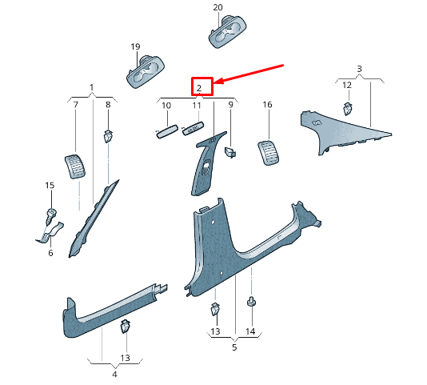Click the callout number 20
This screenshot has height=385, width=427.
(217, 7)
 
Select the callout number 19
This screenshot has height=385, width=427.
(135, 47)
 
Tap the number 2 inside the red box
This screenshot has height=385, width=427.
(199, 88)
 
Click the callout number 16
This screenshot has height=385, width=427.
(267, 104)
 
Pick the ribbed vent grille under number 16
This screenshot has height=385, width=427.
(268, 153)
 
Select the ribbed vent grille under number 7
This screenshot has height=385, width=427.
(75, 166)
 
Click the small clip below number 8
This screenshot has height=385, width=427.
(108, 136)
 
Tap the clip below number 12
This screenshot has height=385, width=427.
(347, 109)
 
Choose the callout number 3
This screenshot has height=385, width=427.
(360, 69)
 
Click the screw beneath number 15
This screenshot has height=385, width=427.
(51, 216)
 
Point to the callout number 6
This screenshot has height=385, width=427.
(50, 253)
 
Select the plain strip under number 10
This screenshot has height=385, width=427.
(166, 131)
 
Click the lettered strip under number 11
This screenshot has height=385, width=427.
(193, 128)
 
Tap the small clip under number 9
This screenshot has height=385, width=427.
(230, 152)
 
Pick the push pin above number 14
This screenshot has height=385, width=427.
(251, 301)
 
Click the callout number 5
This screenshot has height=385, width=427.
(234, 347)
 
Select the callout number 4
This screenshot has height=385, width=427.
(114, 374)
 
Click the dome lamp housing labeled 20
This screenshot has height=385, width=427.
(227, 32)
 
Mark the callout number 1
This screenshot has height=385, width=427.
(91, 87)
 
